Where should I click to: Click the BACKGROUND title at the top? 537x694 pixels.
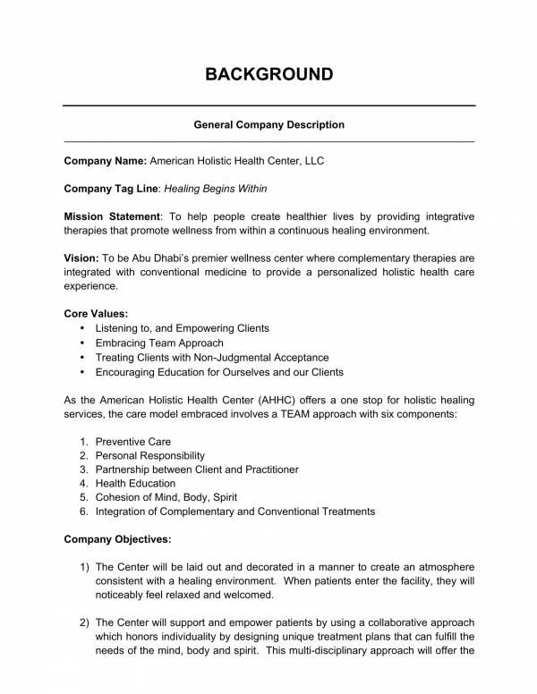click(268, 73)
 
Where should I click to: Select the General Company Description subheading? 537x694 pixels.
click(268, 125)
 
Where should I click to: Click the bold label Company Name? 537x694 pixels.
click(105, 162)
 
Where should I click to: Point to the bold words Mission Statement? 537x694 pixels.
click(111, 216)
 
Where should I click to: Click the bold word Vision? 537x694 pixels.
click(82, 258)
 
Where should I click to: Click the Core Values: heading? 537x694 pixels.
click(97, 314)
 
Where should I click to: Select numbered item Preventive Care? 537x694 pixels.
click(132, 442)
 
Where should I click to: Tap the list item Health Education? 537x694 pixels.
click(134, 483)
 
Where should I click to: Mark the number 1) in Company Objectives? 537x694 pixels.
click(84, 567)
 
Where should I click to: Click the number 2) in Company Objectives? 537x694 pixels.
click(84, 622)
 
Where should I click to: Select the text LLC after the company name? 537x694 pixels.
click(313, 162)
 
